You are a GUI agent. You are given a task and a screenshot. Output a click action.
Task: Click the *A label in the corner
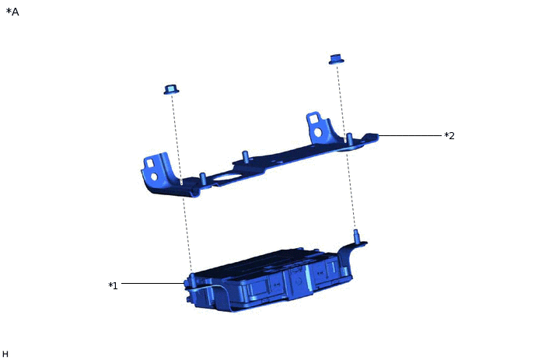pos(12,12)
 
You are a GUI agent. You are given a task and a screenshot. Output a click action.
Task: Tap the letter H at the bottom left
pos(5,354)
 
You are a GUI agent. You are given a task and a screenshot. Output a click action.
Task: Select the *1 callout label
pos(113,285)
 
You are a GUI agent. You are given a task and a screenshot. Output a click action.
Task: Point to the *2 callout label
pos(449,136)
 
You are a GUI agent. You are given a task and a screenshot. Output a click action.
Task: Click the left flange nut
pos(171,89)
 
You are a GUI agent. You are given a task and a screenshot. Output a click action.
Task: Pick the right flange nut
pos(336,59)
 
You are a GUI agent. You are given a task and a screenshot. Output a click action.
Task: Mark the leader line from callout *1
pos(153,283)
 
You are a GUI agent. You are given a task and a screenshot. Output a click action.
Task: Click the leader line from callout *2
pos(410,136)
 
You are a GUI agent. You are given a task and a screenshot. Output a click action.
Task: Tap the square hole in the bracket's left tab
pos(150,163)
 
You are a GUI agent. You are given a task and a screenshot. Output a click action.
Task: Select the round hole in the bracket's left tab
pos(154,177)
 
